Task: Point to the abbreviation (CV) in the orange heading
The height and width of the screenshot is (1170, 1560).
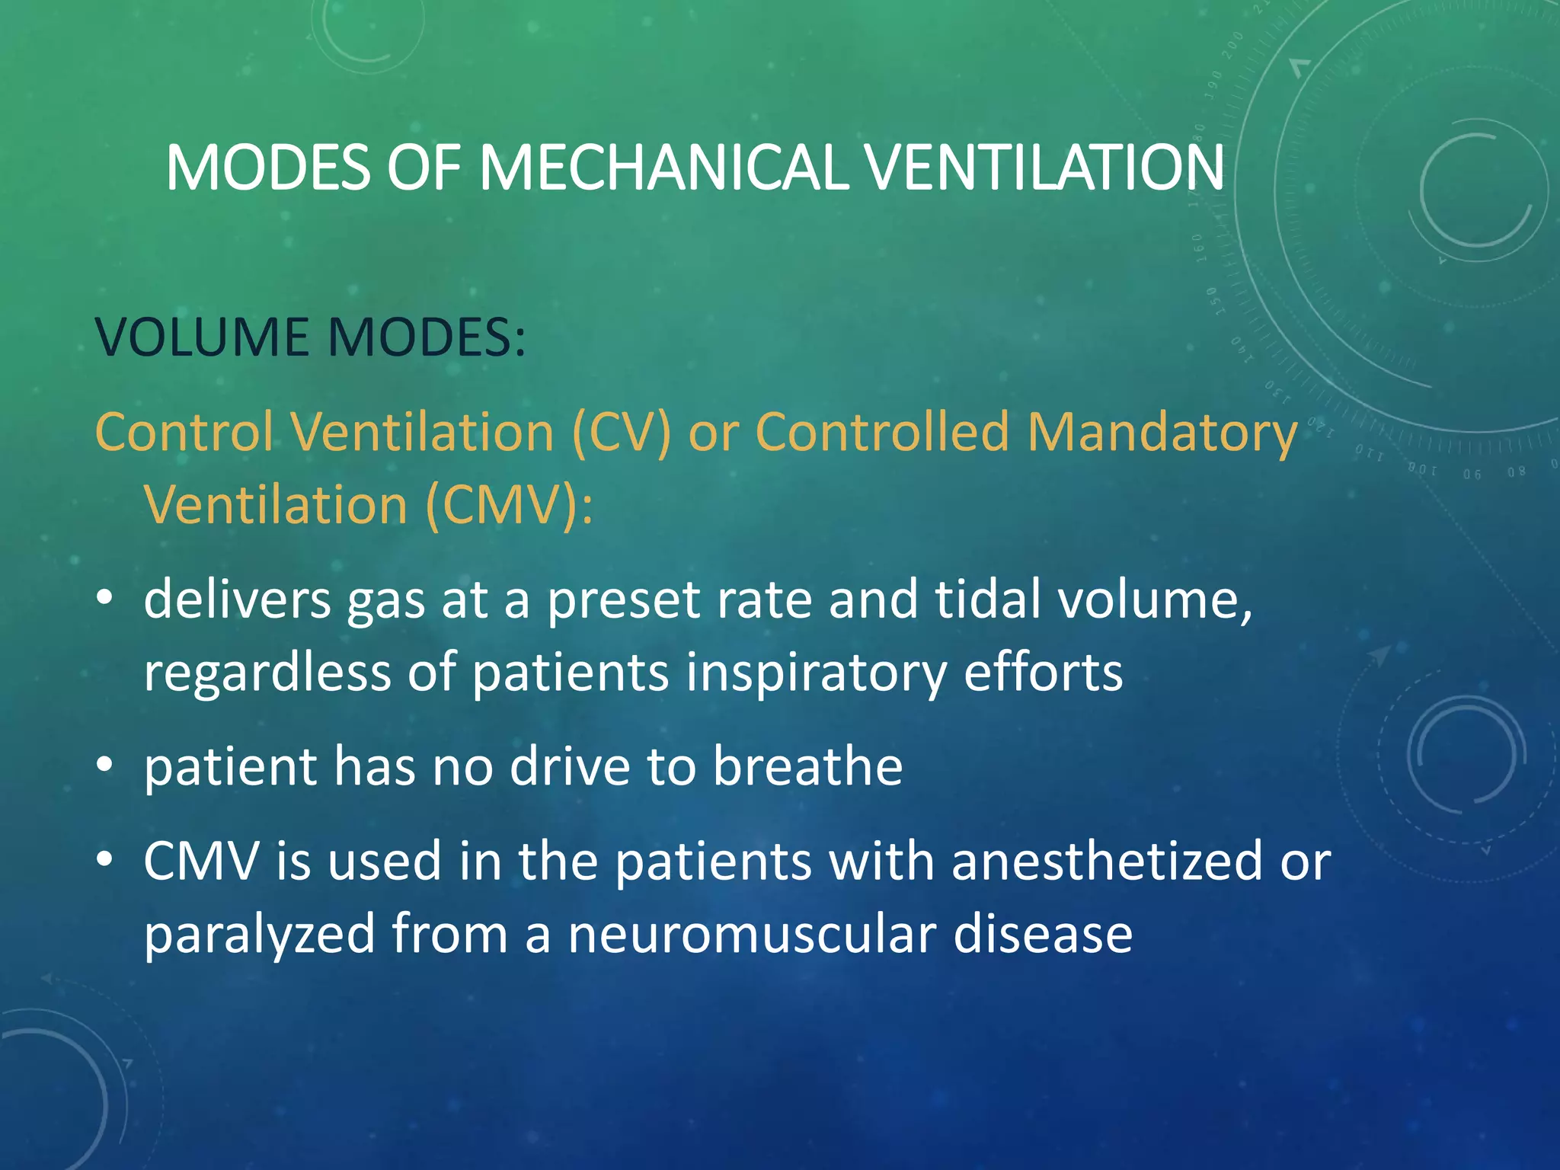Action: click(x=621, y=432)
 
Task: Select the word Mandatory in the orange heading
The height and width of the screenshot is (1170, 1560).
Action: click(x=1162, y=432)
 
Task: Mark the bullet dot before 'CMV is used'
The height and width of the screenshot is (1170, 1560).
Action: click(x=105, y=859)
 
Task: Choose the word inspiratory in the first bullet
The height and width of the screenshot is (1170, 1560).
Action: click(x=815, y=673)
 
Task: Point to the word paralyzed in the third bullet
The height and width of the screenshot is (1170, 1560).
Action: click(x=259, y=935)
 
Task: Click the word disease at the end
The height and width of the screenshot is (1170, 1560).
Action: click(x=1043, y=934)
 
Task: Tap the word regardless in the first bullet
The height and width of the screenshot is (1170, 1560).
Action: click(x=267, y=673)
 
